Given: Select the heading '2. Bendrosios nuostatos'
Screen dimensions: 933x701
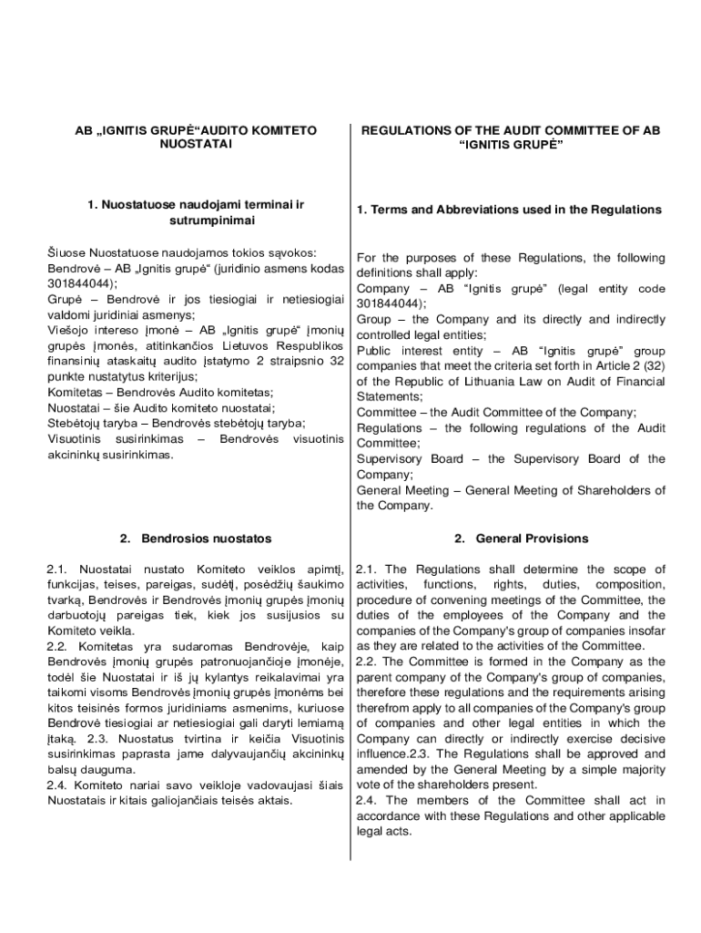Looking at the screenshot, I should click(x=196, y=538).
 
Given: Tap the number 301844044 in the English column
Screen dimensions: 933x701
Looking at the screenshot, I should click(x=389, y=303).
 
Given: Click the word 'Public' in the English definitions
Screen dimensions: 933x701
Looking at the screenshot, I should click(x=374, y=350).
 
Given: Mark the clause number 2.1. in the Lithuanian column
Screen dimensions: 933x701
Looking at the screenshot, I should click(x=59, y=569).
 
